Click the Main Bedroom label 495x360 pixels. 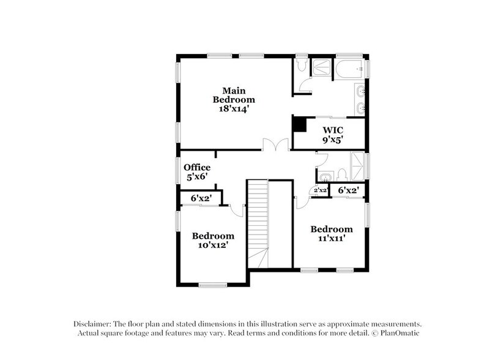point(234,95)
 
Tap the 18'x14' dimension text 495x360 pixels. point(234,108)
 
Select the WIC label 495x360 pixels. point(333,130)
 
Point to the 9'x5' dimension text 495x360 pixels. point(333,140)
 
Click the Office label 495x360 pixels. point(197,167)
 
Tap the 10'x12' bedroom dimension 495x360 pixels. point(213,246)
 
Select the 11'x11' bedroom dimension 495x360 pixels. point(331,239)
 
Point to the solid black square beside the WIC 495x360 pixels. point(299,124)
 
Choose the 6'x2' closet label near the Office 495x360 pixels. point(201,198)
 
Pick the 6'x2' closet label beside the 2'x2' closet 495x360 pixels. point(348,191)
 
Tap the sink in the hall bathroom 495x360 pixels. point(324,176)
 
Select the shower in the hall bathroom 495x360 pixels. point(353,165)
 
